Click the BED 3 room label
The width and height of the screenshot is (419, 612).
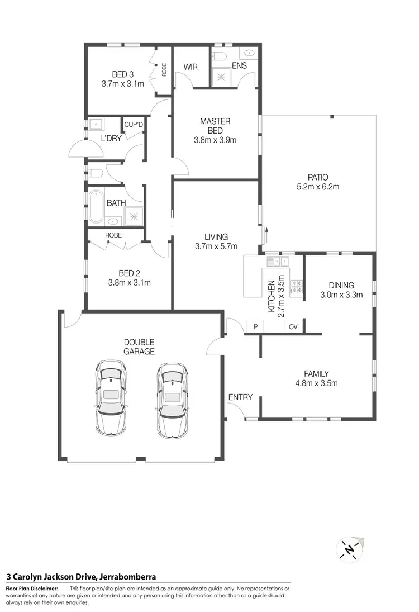122,74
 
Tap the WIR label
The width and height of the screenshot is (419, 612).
191,67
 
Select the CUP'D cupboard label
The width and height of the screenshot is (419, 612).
134,125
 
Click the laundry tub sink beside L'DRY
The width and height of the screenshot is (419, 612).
96,124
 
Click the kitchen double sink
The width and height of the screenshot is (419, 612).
277,261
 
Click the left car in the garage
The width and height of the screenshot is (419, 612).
110,397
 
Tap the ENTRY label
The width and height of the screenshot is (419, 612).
240,397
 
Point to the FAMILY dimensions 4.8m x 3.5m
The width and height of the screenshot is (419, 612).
316,383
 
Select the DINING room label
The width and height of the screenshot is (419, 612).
341,285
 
